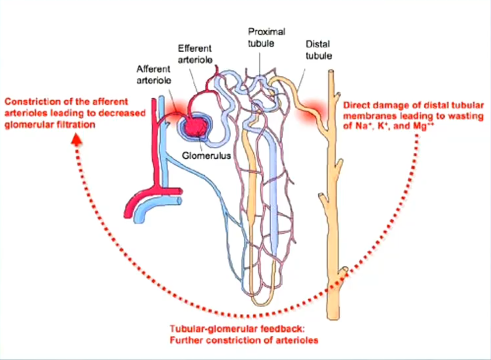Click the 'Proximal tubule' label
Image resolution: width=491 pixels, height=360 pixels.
266,37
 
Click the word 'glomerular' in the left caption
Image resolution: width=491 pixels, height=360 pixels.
25,125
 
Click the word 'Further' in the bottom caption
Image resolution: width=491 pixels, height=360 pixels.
186,340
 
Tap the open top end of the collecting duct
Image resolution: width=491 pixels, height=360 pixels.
331,71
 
